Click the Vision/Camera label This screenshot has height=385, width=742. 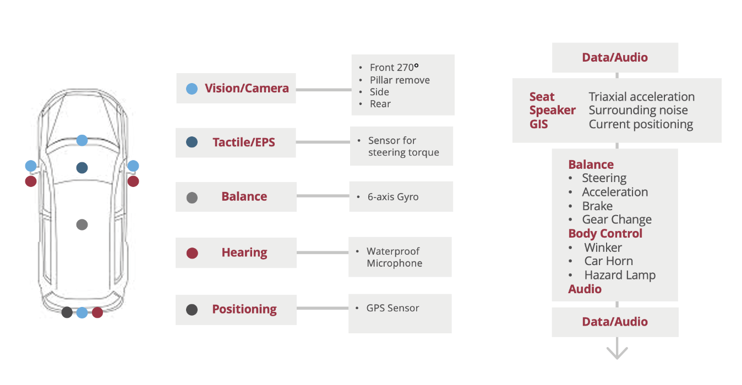[246, 89]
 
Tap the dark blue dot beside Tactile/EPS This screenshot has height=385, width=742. [192, 142]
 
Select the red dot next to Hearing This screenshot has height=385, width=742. [192, 254]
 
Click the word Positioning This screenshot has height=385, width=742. [244, 309]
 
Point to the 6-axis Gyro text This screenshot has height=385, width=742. [392, 197]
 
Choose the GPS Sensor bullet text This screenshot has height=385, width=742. [392, 308]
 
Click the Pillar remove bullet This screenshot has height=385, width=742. [400, 80]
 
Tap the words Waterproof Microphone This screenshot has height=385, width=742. [394, 257]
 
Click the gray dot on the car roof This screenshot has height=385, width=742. [82, 224]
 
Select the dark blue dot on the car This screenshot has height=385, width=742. [82, 168]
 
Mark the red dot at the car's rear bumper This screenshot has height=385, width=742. [97, 312]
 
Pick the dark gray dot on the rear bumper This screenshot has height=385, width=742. [67, 312]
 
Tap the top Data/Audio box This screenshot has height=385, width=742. [615, 58]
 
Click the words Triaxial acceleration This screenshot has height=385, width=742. [641, 97]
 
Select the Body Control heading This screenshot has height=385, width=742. [605, 233]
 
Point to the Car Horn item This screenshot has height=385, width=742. [608, 261]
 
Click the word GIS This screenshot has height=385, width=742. [538, 124]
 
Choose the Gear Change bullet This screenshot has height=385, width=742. [616, 219]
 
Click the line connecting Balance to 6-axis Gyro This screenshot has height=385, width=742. [323, 196]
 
